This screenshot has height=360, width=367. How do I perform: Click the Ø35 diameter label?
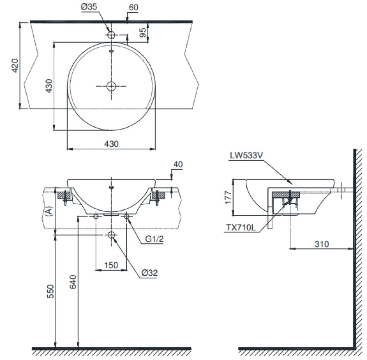90,8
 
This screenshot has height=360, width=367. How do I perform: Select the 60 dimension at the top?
134,7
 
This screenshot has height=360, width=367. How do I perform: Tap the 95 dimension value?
143,32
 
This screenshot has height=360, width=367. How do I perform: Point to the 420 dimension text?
15,65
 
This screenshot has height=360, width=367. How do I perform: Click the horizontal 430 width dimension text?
111,144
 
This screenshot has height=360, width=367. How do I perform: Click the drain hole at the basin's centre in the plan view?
111,86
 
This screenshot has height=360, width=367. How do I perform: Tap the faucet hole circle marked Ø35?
111,35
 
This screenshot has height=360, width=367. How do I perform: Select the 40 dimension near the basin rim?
178,164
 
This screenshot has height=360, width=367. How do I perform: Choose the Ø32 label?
150,272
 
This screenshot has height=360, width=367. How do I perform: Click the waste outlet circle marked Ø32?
112,235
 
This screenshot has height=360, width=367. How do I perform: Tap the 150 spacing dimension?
111,265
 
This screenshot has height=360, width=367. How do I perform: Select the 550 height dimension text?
50,292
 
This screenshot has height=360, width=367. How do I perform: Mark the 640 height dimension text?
73,282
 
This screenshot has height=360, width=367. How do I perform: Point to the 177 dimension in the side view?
228,197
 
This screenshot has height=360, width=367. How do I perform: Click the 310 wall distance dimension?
321,244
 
